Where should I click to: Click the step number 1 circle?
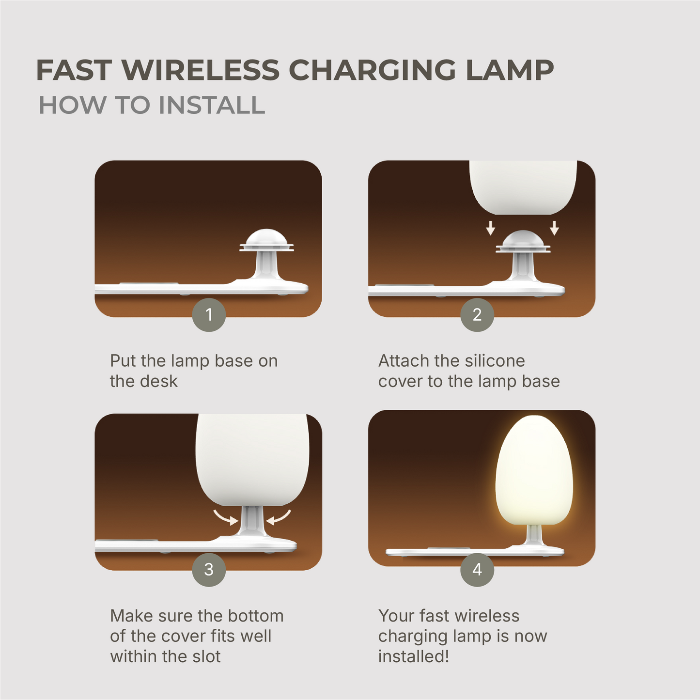209,315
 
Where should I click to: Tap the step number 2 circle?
477,315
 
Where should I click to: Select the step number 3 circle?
209,570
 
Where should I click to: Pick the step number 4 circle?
477,570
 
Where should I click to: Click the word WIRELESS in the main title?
201,70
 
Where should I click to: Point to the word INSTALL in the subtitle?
212,105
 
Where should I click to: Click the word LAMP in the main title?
510,70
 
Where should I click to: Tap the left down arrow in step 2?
491,228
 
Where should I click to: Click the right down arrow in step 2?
555,228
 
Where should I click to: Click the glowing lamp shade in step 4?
534,470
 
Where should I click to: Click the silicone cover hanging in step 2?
523,187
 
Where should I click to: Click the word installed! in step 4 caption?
414,656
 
